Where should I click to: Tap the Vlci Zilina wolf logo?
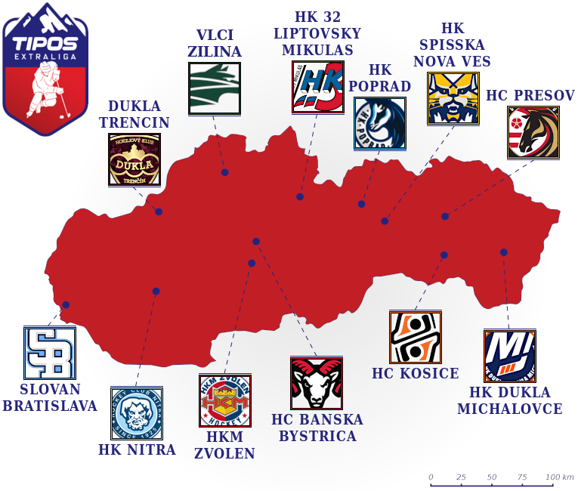coord(215,88)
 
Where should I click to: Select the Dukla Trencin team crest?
coord(134,159)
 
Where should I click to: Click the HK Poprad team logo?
coord(380,123)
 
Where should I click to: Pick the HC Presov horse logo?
coord(533,132)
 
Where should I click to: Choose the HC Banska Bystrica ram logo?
coord(317,383)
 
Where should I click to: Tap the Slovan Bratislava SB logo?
coord(50,353)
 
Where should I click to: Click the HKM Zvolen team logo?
coord(225,400)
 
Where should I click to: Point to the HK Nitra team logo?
coord(137,413)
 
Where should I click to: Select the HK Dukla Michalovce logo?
coord(510,356)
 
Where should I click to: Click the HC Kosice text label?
coord(416,374)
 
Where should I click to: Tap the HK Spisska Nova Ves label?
coord(452,45)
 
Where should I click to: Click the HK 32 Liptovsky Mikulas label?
coord(317,33)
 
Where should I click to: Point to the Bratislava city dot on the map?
coord(66,305)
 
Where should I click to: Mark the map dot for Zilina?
coord(224,173)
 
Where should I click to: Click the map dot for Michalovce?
coord(504,252)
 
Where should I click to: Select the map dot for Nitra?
coord(156,291)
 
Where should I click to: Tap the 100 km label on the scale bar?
coord(560,477)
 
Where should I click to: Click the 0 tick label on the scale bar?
coord(431,477)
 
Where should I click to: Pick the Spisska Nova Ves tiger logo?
coord(453,98)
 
